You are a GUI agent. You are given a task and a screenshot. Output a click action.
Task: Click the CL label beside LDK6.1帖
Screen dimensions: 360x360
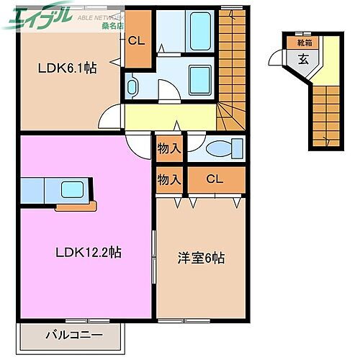pyautogui.click(x=136, y=40)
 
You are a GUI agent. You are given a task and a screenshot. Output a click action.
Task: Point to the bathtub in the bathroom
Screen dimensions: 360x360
pyautogui.click(x=197, y=29)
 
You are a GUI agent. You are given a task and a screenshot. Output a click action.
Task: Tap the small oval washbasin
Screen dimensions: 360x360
pyautogui.click(x=132, y=87)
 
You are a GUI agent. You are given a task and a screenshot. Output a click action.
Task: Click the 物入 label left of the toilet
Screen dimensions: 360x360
pyautogui.click(x=168, y=149)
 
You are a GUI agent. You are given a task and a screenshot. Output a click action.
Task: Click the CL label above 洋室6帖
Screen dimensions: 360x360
pyautogui.click(x=214, y=179)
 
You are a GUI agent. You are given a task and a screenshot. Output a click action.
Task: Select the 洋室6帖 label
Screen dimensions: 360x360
pyautogui.click(x=201, y=258)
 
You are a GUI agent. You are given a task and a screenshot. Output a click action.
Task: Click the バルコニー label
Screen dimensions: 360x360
pyautogui.click(x=74, y=335)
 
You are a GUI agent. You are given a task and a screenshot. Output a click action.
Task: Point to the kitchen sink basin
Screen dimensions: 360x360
pyautogui.click(x=73, y=191)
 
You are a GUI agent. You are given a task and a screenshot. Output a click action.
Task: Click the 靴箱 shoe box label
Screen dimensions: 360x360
pyautogui.click(x=305, y=42)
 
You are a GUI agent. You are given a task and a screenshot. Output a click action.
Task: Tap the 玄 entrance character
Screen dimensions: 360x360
pyautogui.click(x=305, y=60)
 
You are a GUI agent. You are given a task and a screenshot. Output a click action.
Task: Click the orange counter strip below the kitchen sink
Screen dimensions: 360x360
pyautogui.click(x=76, y=207)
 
